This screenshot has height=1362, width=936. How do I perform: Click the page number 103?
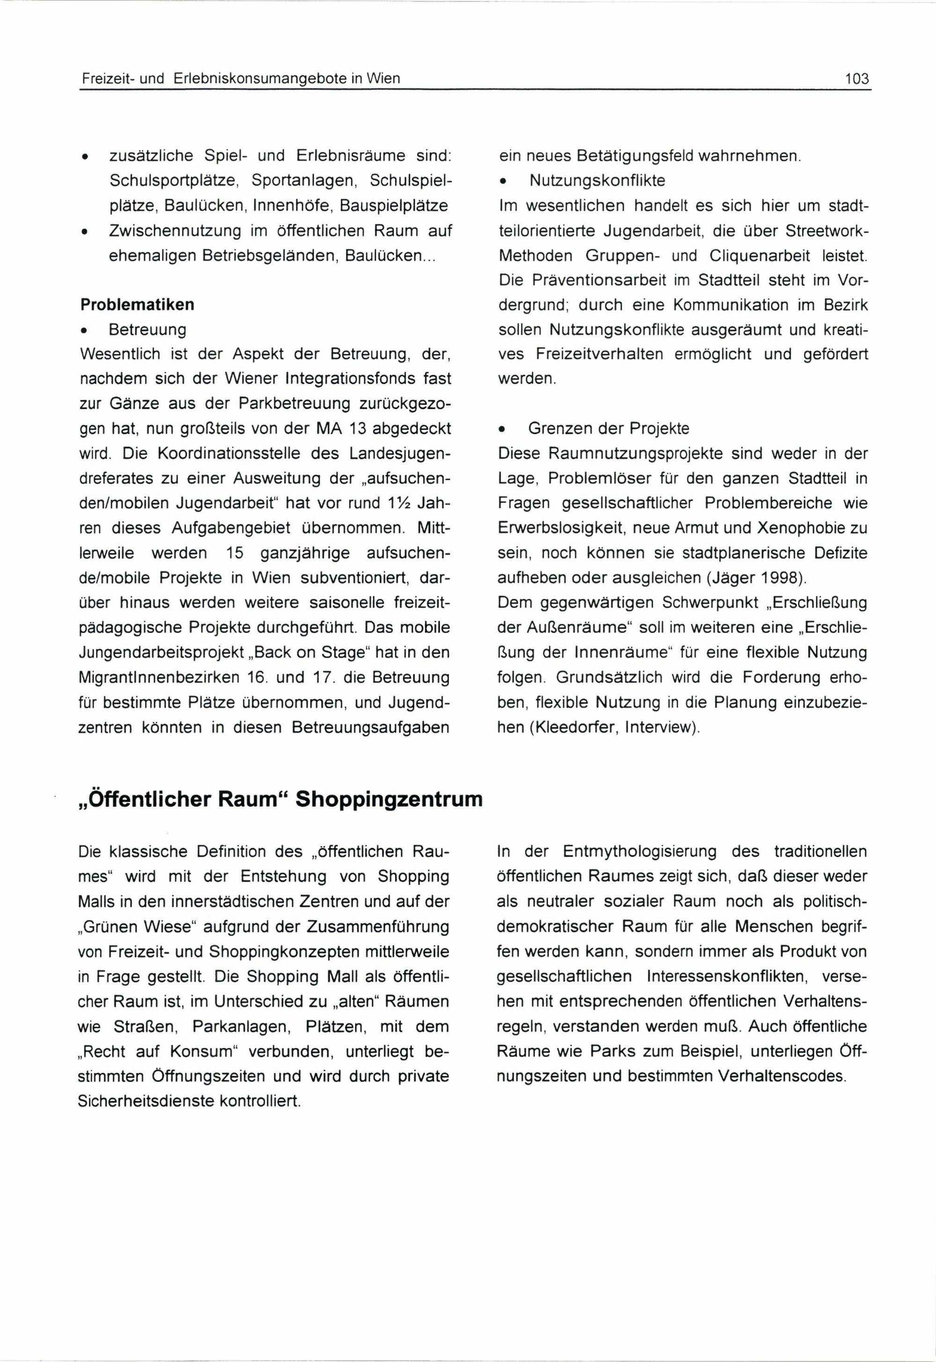857,79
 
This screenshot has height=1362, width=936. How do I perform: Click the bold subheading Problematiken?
137,305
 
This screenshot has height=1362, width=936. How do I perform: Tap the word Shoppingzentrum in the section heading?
389,799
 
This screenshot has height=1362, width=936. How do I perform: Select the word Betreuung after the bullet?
147,330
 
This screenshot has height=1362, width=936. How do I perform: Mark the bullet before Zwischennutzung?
86,232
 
